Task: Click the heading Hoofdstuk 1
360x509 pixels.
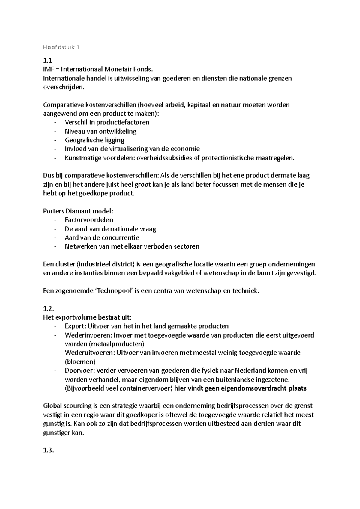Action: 61,47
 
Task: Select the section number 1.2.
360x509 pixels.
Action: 49,308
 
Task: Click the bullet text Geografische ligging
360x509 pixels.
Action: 94,140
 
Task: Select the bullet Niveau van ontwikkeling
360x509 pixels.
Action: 100,131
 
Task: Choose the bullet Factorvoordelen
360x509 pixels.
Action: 89,220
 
